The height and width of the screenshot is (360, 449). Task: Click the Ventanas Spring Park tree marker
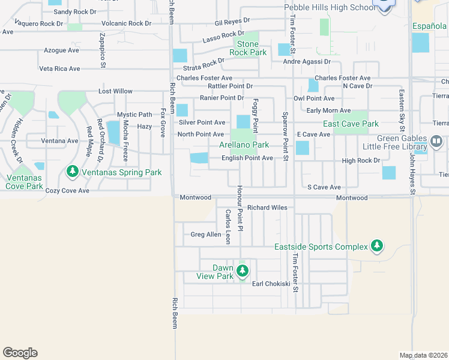coord(73,172)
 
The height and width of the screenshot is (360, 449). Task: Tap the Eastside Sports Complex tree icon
coord(377,245)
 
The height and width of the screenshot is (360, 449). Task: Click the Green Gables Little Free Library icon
coord(436,142)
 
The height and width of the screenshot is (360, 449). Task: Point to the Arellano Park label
coord(244,145)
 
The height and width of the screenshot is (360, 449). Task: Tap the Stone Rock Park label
coord(248,49)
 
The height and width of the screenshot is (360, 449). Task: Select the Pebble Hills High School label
coord(330,7)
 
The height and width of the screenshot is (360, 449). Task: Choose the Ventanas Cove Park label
coord(25,182)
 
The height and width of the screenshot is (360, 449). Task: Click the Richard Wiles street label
coord(267,208)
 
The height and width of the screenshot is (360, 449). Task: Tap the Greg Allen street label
coord(206,235)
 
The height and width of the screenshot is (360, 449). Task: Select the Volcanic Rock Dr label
coord(127,23)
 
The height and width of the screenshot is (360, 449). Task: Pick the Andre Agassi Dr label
coord(307,61)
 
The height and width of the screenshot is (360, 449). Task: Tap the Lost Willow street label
coord(116,91)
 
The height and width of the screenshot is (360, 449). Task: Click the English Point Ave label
coord(247,158)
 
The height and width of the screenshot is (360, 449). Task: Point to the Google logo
coord(20,353)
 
